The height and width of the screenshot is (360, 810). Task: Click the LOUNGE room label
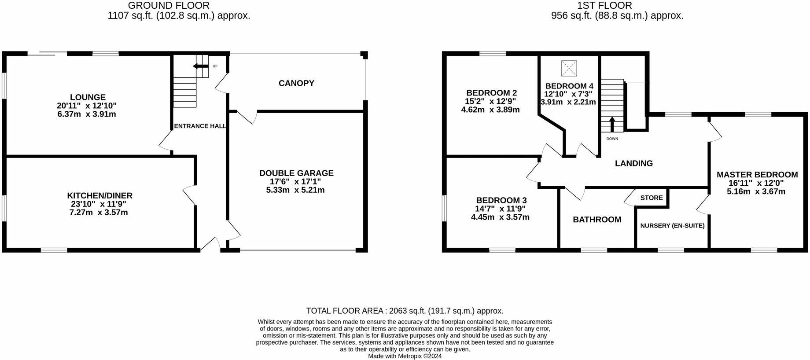coord(88,97)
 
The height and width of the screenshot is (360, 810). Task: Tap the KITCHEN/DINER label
coord(99,195)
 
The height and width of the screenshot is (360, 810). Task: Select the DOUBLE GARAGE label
coord(296,173)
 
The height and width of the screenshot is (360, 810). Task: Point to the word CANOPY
coord(296,83)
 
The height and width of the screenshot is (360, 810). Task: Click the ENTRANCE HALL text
coord(200,126)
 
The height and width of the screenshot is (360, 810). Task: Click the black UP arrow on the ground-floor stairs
coord(201,66)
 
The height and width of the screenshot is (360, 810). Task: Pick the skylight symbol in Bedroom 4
coord(568,68)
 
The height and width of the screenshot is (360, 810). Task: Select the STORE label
coord(652,198)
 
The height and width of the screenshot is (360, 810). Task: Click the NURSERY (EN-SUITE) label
coord(672,226)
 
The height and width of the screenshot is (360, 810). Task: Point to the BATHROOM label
coord(597,220)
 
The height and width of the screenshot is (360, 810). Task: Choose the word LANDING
coord(633,163)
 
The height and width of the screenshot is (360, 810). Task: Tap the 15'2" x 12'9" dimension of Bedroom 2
coord(491,101)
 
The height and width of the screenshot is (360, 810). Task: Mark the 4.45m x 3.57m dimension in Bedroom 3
coord(501,217)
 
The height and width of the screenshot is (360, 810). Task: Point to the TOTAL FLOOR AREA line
coord(405,311)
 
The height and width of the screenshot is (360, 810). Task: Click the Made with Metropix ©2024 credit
coord(405,356)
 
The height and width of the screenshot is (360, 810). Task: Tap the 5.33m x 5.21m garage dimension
coord(295,190)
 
